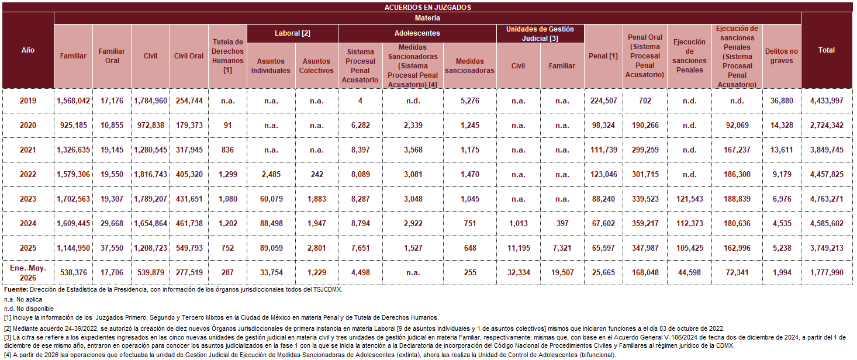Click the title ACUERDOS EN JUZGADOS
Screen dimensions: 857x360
point(427,7)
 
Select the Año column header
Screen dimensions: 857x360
point(28,50)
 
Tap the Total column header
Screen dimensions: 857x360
point(827,50)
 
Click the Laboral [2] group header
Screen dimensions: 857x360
point(292,33)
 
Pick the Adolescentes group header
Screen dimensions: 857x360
point(417,33)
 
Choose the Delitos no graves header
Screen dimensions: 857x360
point(781,56)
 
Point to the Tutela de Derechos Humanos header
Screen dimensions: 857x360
point(227,56)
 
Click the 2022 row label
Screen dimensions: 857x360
point(28,175)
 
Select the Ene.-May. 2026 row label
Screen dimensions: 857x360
point(28,273)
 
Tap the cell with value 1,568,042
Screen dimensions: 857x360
point(74,101)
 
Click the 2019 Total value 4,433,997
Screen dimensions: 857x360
point(827,101)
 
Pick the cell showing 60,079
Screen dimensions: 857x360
point(271,199)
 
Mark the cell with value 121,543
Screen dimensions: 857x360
point(689,199)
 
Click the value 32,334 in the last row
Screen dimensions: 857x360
point(519,273)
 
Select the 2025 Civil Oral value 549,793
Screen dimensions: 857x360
point(189,248)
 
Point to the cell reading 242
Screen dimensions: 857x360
point(316,175)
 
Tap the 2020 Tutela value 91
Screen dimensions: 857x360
point(227,126)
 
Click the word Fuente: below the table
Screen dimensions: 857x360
point(16,290)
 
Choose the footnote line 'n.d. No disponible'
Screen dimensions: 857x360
point(29,309)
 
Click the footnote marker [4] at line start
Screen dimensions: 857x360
point(8,355)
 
